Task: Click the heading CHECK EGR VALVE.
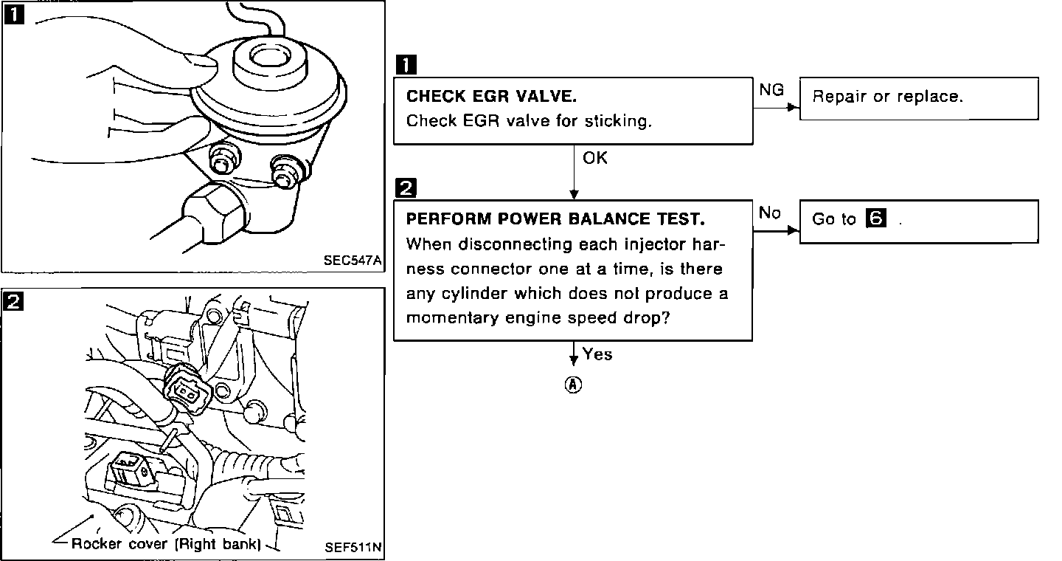point(491,97)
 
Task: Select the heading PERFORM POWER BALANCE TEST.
point(555,218)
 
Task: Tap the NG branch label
point(771,90)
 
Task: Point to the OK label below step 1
point(594,157)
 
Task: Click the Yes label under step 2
point(597,354)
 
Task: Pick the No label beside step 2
point(769,213)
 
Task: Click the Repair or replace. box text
point(887,97)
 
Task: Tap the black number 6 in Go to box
point(875,218)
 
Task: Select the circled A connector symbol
point(573,385)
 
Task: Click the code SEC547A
point(353,260)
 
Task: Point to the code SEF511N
point(353,547)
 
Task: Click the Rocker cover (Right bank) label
point(166,544)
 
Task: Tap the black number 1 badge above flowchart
point(406,64)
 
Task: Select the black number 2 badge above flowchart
point(406,188)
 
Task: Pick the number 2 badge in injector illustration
point(13,301)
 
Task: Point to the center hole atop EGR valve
point(269,57)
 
